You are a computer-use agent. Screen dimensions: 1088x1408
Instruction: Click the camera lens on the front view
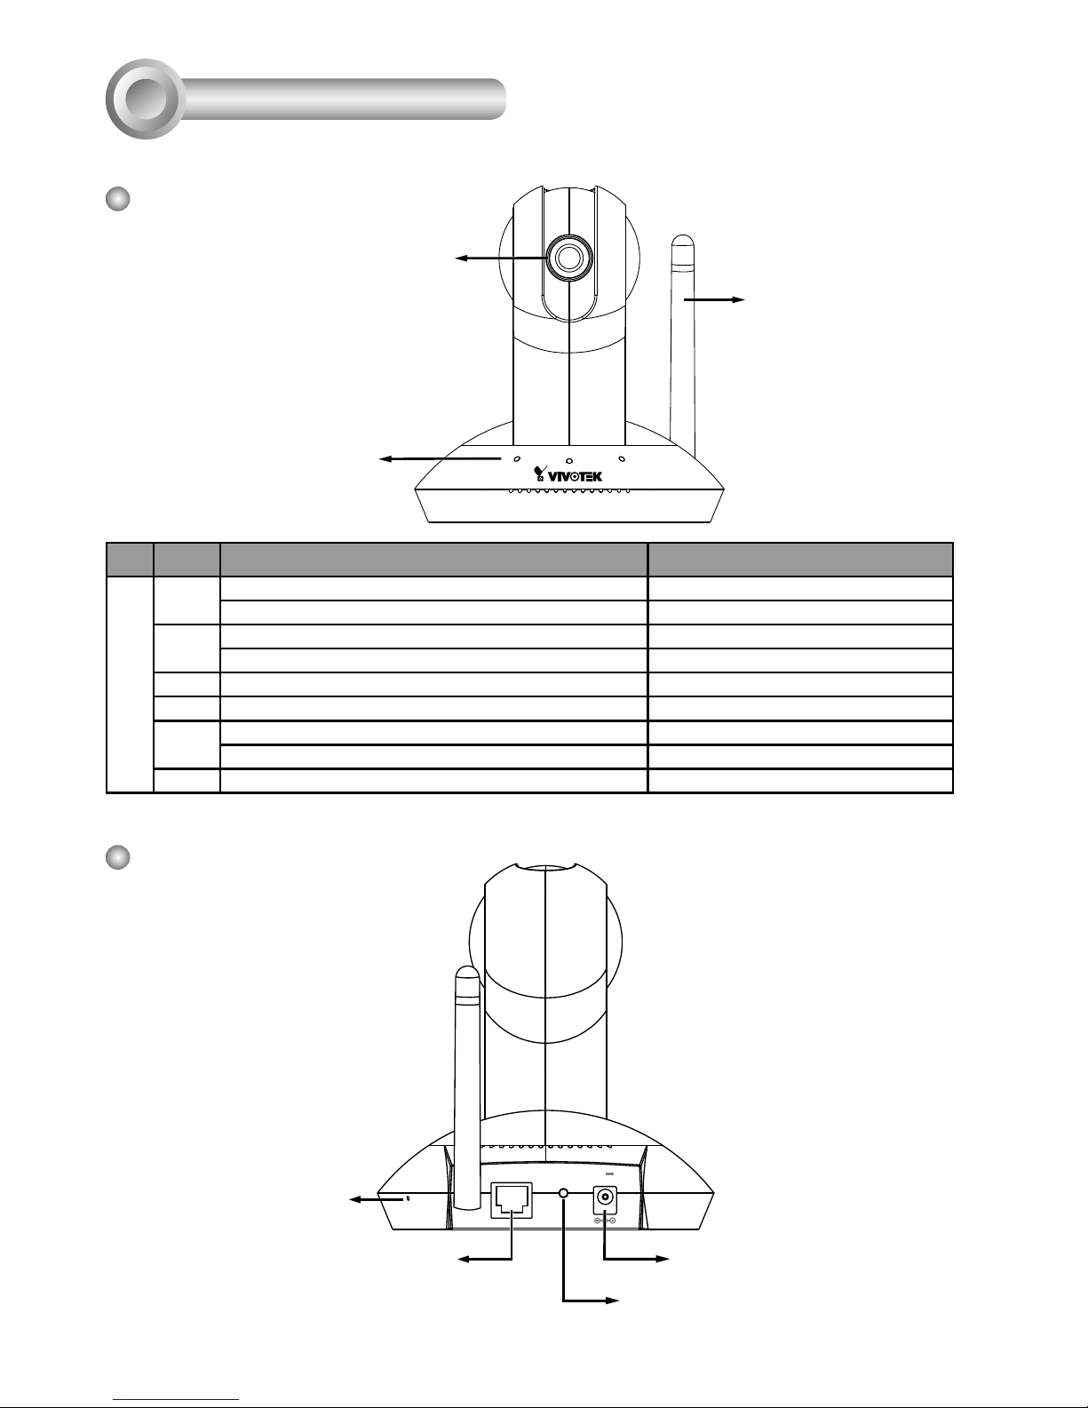pos(569,258)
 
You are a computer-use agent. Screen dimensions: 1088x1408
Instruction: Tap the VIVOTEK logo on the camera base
pos(568,474)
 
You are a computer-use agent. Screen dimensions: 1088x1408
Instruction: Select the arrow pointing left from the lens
pos(501,258)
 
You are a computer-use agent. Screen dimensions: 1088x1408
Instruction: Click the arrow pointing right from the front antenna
pos(714,299)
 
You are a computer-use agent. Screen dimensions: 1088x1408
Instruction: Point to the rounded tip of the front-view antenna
pos(683,241)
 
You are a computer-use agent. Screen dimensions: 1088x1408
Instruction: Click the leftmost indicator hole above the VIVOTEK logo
pos(517,458)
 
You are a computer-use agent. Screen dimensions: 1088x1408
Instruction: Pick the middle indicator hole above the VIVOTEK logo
pos(569,461)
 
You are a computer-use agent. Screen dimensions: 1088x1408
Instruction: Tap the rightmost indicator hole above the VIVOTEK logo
pos(622,458)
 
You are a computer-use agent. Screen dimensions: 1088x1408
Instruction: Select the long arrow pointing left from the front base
pos(441,458)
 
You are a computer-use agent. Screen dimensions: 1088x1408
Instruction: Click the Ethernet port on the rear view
pos(512,1200)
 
